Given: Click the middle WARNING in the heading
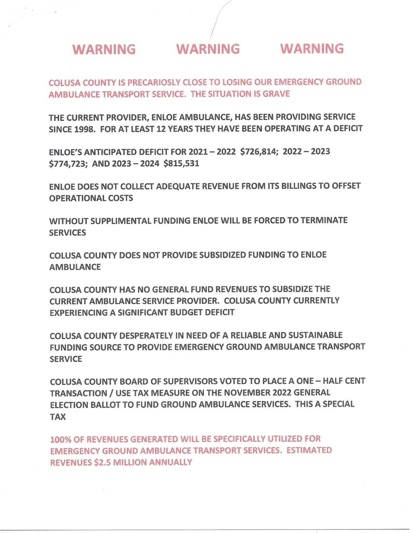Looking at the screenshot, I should coord(208,49).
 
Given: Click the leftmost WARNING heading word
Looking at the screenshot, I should coord(104,50).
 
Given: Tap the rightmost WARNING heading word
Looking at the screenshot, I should coord(312,49).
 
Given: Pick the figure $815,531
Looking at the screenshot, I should coord(181,163).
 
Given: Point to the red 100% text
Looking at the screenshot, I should coord(61,440).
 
